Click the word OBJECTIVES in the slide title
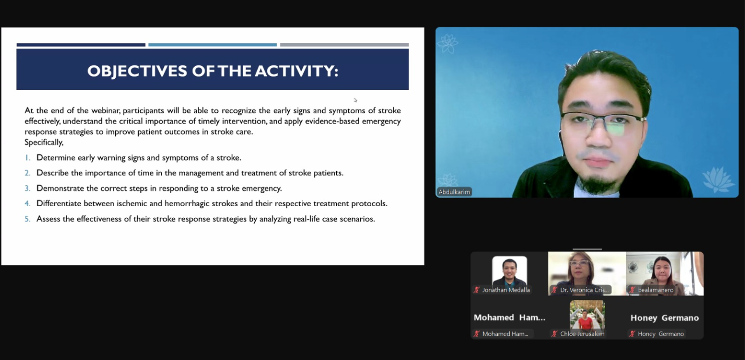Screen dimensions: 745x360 (x=137, y=71)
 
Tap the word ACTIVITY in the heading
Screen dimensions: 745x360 (x=297, y=71)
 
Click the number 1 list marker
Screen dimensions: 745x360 (x=28, y=158)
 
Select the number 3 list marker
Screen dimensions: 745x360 (x=27, y=188)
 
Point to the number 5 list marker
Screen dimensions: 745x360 (x=27, y=219)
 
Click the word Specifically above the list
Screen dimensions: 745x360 (x=44, y=142)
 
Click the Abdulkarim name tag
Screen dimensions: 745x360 (x=454, y=192)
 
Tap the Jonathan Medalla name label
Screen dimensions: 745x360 (x=506, y=290)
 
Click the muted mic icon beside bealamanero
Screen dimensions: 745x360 (x=632, y=290)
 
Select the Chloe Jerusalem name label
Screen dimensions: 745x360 (x=582, y=334)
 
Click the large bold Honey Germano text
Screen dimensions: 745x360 (x=664, y=318)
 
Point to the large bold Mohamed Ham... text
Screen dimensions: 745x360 (x=509, y=318)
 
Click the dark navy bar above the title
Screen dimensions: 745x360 (x=81, y=45)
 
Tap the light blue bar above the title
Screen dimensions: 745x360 (x=213, y=45)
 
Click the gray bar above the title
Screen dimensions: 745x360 (x=344, y=45)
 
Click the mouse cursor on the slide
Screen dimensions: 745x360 (x=355, y=100)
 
